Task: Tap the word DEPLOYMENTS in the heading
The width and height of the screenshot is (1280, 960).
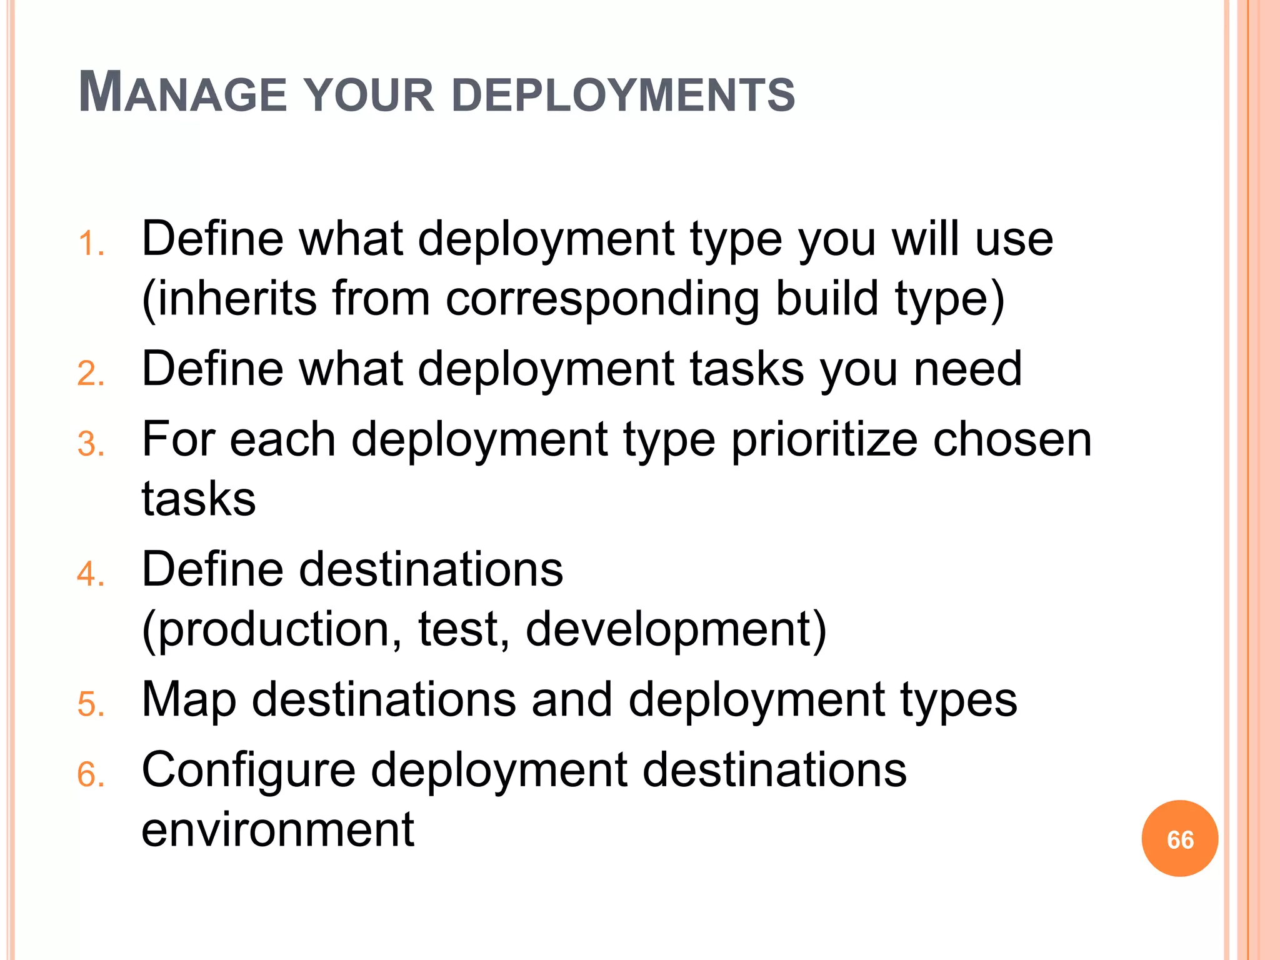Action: [x=622, y=95]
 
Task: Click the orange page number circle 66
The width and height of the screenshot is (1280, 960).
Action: [x=1179, y=839]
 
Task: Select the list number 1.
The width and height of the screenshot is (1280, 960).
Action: [x=90, y=244]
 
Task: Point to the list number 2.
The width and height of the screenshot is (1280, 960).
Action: [x=90, y=374]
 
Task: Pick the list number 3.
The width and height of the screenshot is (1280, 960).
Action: [x=90, y=445]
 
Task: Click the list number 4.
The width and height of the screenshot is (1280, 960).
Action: [x=90, y=574]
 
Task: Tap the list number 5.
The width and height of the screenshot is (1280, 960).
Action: [x=90, y=704]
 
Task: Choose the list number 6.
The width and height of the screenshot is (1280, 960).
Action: [x=90, y=775]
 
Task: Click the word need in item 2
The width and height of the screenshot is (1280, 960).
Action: [x=967, y=369]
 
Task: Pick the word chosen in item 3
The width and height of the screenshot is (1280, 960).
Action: [x=1012, y=439]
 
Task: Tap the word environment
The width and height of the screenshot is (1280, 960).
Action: [x=277, y=829]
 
